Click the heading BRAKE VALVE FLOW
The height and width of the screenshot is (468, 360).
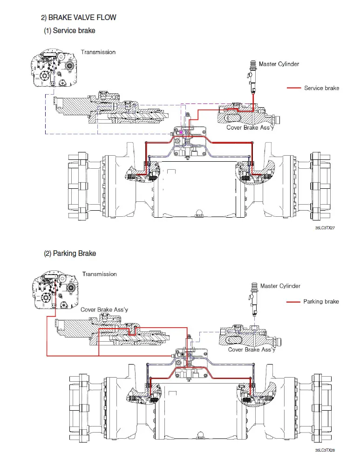click(x=82, y=18)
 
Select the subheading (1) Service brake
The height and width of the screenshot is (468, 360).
click(x=69, y=31)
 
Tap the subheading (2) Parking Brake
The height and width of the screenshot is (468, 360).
click(x=70, y=254)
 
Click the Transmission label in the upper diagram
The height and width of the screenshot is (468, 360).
click(x=98, y=52)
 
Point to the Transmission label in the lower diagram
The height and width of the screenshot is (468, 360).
click(x=99, y=274)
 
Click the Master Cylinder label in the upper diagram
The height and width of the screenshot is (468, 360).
click(x=279, y=64)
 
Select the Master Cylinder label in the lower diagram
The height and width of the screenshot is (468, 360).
click(x=280, y=286)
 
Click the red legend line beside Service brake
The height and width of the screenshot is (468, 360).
click(x=294, y=88)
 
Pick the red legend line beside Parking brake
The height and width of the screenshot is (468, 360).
click(x=293, y=302)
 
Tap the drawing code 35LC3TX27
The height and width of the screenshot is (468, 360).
click(x=325, y=228)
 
